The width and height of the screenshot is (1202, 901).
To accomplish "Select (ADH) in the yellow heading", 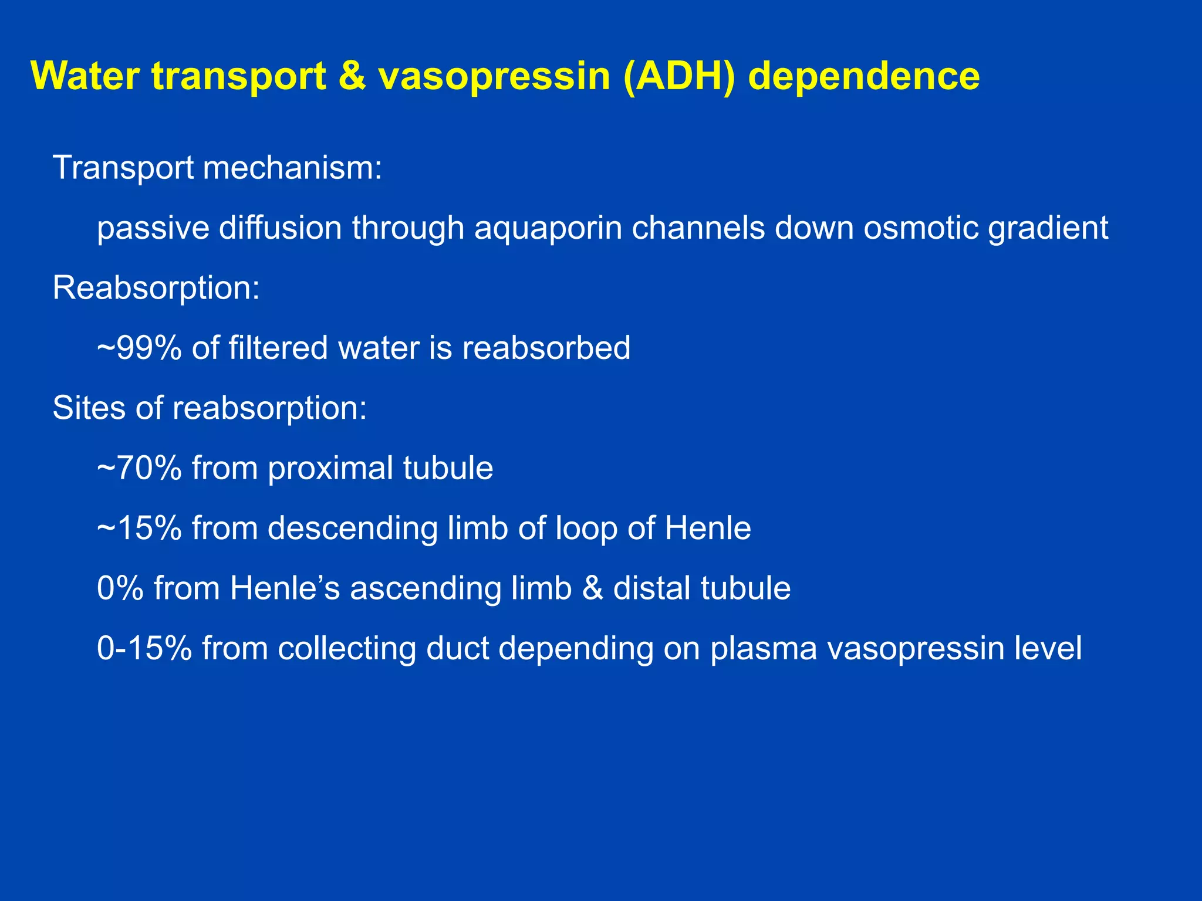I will pos(678,76).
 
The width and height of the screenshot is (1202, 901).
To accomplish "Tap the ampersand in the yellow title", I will pos(352,76).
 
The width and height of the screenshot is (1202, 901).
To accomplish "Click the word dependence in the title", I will pos(864,76).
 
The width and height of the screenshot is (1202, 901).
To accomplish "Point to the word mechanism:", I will pos(292,168).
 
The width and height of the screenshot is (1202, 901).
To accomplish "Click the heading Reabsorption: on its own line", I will pos(156,289).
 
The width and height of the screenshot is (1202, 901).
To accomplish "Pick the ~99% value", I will pos(139,348).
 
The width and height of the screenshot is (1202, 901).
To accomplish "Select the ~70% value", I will pos(139,468).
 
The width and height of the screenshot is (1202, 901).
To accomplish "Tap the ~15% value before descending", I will pos(139,528).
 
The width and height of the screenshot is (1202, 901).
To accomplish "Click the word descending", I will pos(352,529).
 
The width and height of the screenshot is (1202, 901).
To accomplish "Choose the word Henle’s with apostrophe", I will pos(285,588).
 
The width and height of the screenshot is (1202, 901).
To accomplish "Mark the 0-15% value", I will pos(144,649).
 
